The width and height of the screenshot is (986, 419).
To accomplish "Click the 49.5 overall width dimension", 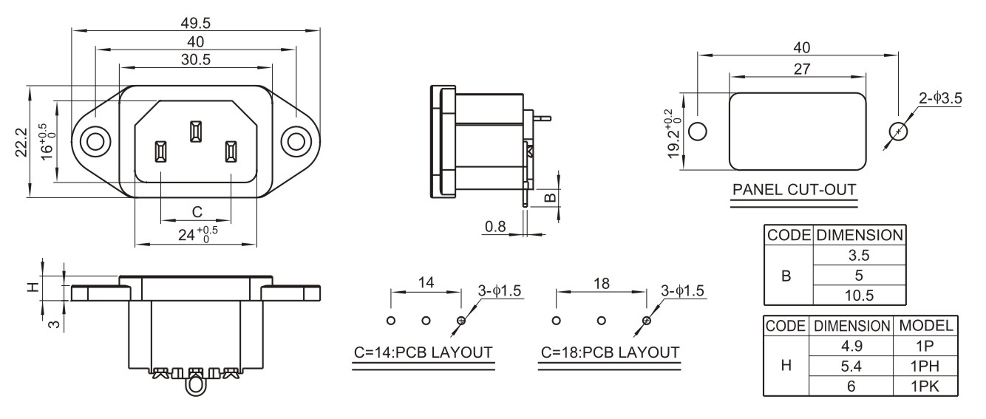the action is point(196,23).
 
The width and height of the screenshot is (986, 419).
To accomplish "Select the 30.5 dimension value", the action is point(196,59).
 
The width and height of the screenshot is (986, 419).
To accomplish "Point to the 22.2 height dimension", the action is point(21,142).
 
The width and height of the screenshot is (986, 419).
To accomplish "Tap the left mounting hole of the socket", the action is point(95,142).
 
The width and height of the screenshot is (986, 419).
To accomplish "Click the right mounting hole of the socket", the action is point(296,142).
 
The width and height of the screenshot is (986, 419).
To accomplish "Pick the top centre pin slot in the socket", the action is point(196,132).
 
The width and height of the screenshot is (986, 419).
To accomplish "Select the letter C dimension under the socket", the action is point(197,212).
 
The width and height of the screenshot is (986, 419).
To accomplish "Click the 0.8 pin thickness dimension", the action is point(495,227).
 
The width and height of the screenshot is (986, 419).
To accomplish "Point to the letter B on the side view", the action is point(551,197).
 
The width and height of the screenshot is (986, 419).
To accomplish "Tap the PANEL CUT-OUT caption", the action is point(794,190).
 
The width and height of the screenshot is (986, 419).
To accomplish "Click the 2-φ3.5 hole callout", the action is point(940,98).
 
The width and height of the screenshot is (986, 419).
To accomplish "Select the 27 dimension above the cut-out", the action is point(801,69).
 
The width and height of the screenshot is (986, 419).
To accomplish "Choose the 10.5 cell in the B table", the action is point(859,296).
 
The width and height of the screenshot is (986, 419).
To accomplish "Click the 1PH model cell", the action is point(925,367).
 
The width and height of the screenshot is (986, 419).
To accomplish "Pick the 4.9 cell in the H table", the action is point(851,346).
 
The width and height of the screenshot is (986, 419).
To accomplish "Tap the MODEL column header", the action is point(925,326).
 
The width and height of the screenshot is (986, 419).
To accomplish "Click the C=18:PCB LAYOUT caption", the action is point(610,352).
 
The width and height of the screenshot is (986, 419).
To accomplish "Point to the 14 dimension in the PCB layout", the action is point(426,282).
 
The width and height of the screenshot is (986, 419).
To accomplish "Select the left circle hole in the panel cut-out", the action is point(697,131).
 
